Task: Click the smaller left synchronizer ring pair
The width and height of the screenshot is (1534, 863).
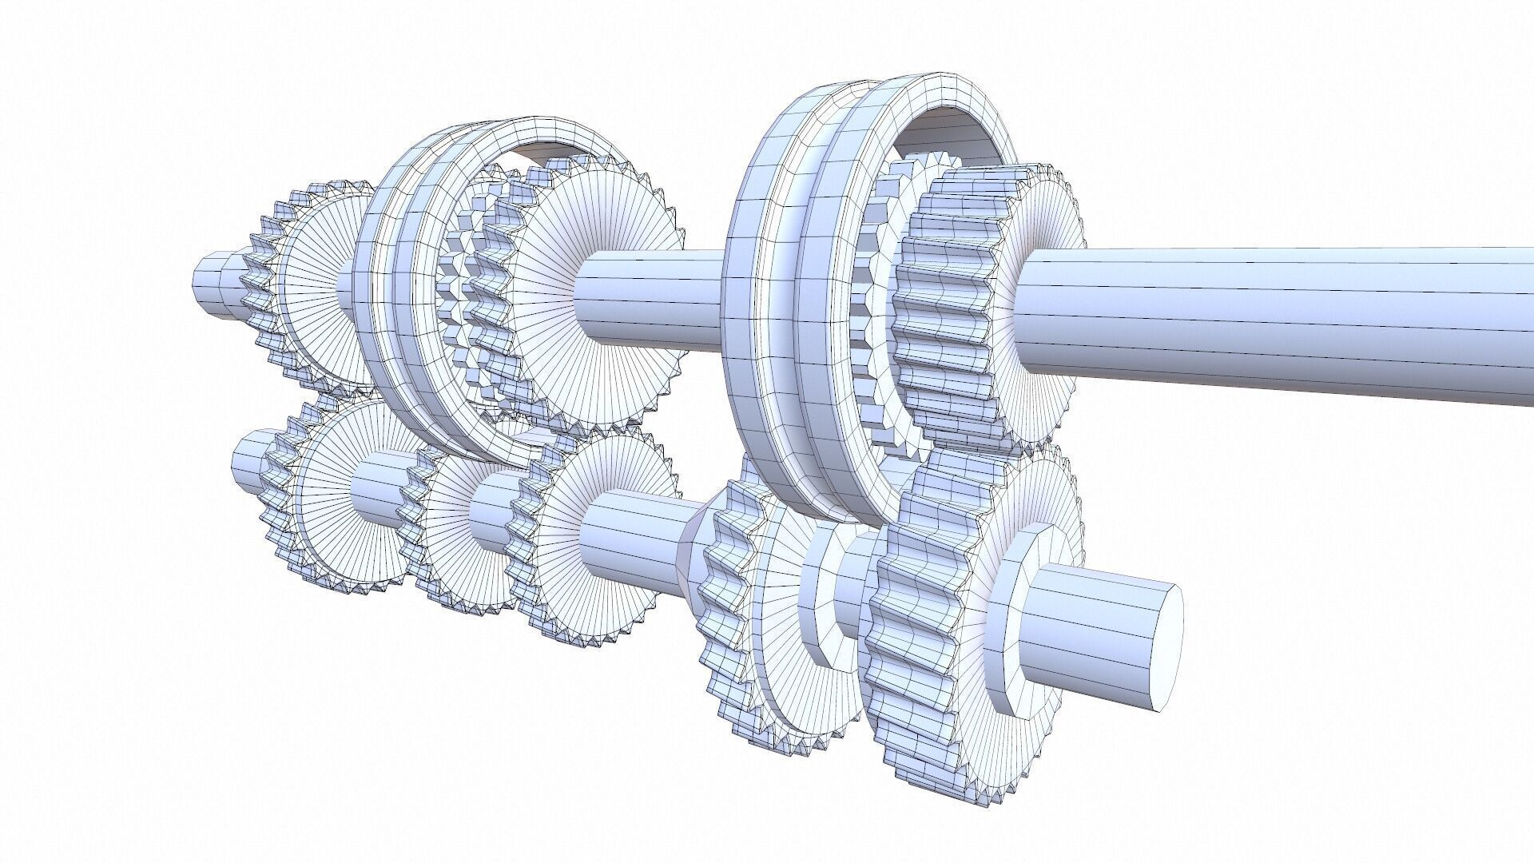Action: click(x=399, y=304)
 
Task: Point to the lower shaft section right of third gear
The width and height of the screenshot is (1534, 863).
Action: click(x=631, y=543)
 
